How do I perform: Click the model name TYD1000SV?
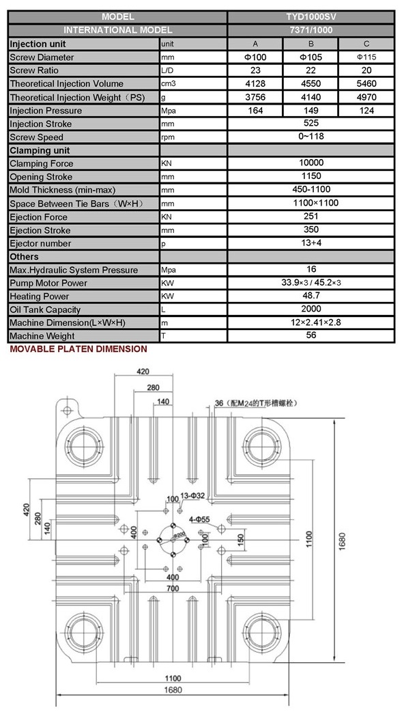pyautogui.click(x=311, y=17)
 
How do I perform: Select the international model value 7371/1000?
pyautogui.click(x=311, y=31)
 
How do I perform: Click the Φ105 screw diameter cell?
pyautogui.click(x=311, y=57)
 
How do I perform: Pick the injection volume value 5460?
pyautogui.click(x=366, y=84)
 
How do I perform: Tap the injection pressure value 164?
pyautogui.click(x=255, y=111)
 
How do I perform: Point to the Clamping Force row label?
pyautogui.click(x=41, y=164)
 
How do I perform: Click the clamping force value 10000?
pyautogui.click(x=311, y=163)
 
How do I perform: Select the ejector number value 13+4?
pyautogui.click(x=311, y=243)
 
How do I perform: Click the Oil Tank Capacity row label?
pyautogui.click(x=45, y=310)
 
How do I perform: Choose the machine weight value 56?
pyautogui.click(x=311, y=336)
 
